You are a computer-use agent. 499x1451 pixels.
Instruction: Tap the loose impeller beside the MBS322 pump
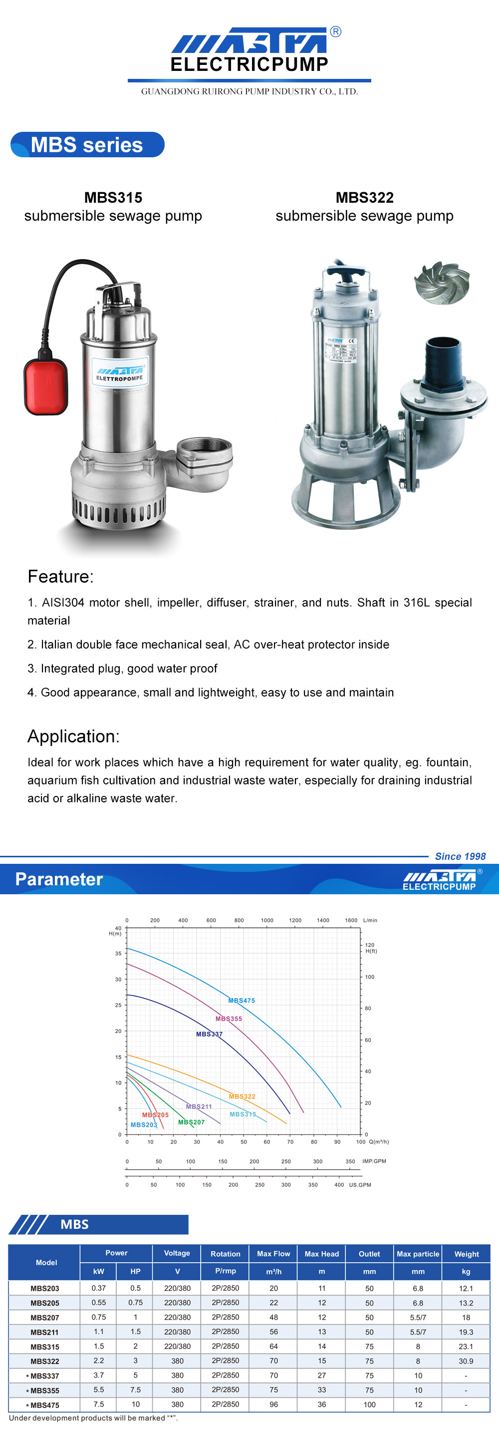click(x=442, y=282)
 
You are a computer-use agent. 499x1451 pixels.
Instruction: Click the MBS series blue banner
click(x=87, y=145)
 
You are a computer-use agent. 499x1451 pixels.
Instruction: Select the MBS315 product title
click(x=113, y=198)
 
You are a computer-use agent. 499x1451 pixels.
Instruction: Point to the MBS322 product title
click(x=364, y=198)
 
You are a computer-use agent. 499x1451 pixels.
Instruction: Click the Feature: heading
click(x=61, y=576)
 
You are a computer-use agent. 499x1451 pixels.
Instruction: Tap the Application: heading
click(x=74, y=736)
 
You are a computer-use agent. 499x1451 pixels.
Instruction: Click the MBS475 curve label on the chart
click(x=242, y=1001)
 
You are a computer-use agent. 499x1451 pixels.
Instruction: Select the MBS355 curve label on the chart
click(x=229, y=1019)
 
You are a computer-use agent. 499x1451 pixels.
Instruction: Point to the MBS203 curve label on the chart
click(x=144, y=1125)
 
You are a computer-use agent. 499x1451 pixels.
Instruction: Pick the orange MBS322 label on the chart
click(x=242, y=1096)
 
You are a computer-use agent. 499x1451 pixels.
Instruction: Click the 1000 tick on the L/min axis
click(x=267, y=920)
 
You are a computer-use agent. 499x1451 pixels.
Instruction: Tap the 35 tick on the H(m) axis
click(x=118, y=954)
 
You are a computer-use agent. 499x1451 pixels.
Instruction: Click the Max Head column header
click(x=321, y=1254)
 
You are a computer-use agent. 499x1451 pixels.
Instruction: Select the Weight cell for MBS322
click(x=466, y=1361)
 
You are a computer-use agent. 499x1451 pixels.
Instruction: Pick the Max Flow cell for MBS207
click(x=274, y=1317)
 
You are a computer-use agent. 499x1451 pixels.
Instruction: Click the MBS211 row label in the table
click(x=44, y=1332)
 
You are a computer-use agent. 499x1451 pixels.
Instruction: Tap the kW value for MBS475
click(x=99, y=1404)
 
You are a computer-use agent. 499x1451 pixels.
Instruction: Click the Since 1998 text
click(x=460, y=856)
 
